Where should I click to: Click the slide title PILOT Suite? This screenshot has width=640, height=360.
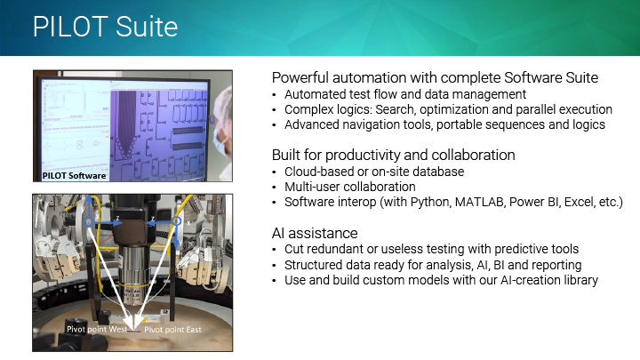[105, 27]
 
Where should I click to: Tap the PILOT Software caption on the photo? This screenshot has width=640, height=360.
[75, 175]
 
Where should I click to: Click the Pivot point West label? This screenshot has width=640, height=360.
[97, 329]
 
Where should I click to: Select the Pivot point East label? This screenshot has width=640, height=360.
[172, 330]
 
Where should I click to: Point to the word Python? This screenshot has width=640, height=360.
[429, 203]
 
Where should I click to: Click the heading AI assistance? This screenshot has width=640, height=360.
[315, 233]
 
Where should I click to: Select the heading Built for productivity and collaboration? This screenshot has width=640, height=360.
[394, 155]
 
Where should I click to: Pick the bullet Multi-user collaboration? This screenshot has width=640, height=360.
[350, 187]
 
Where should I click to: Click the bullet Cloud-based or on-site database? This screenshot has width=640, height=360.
[374, 172]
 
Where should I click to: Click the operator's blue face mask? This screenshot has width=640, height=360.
[220, 141]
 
